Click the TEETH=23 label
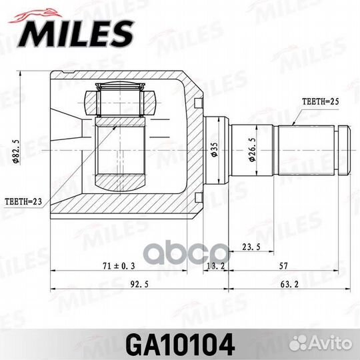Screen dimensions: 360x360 click(x=23, y=200)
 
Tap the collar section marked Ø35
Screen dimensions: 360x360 click(x=215, y=148)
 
